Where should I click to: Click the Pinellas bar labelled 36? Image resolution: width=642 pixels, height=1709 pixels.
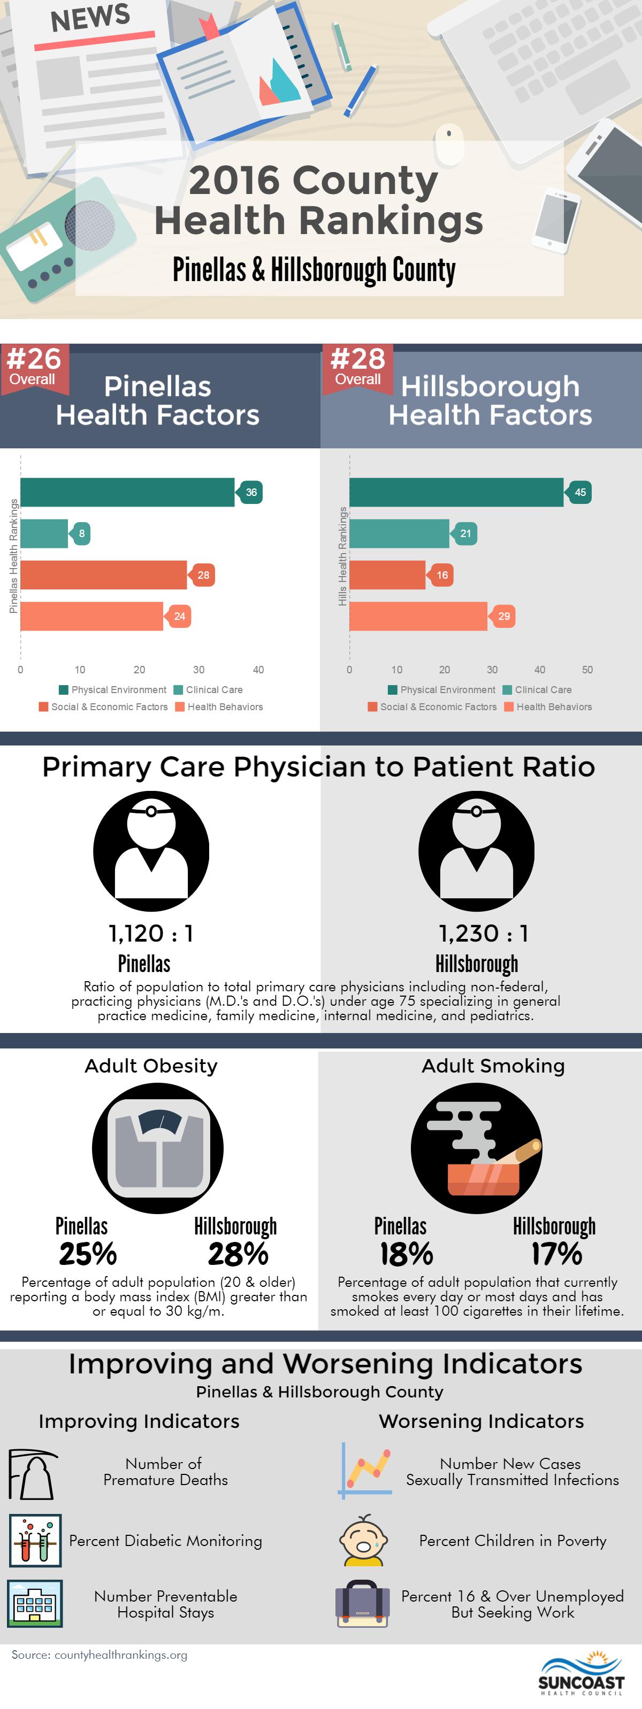(127, 492)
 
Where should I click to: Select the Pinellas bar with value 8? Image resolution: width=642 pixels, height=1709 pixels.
(44, 533)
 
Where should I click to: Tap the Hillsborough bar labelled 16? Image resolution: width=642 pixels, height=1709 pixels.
(387, 574)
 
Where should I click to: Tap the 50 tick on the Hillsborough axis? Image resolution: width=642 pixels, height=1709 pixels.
(587, 670)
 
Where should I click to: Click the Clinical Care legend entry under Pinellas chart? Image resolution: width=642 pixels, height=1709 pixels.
(209, 690)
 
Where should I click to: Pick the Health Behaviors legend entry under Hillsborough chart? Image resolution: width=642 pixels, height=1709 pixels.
(548, 707)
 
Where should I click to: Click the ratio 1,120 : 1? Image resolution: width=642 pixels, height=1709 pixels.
(151, 934)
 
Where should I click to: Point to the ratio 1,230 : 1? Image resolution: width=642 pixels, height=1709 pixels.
(483, 934)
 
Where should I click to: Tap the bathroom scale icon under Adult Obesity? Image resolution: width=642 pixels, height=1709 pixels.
(158, 1148)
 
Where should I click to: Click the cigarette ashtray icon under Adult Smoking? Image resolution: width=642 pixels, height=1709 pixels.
(477, 1148)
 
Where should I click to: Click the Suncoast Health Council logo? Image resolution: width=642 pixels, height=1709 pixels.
(581, 1673)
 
